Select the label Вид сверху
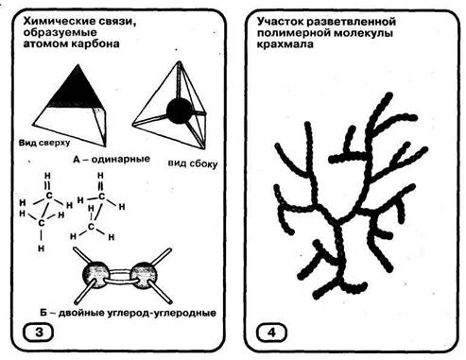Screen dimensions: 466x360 (x=44, y=143)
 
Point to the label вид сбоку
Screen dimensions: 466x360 (x=193, y=163)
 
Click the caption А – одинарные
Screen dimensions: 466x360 (x=112, y=160)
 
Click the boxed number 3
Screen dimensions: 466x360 (x=39, y=333)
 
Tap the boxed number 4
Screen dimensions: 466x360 (x=271, y=333)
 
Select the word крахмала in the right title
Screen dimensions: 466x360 (x=285, y=44)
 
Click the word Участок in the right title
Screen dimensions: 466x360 (x=280, y=22)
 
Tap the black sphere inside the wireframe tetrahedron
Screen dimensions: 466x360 (x=179, y=111)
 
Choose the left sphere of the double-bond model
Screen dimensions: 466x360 (x=95, y=275)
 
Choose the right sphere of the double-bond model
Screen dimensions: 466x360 (x=144, y=275)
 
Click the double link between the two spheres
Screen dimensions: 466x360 (x=120, y=276)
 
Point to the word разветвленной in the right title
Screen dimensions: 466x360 (x=352, y=22)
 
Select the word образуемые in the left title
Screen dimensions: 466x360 (x=60, y=32)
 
